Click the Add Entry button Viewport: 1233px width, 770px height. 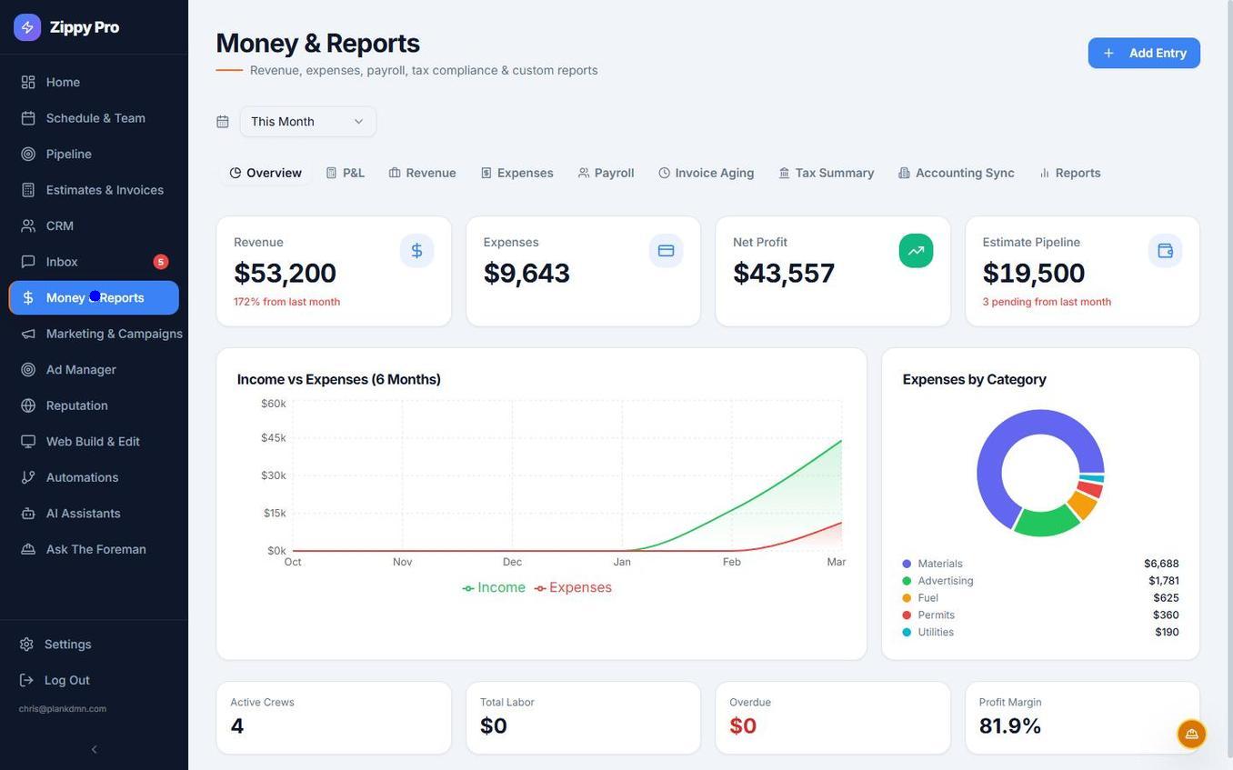click(x=1144, y=53)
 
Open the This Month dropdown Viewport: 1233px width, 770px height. click(x=307, y=122)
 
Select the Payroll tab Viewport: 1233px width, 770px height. click(x=606, y=173)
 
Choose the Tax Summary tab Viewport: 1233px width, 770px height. click(x=826, y=173)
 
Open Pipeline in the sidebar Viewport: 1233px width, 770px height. click(x=68, y=154)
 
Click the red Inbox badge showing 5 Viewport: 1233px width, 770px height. click(x=160, y=262)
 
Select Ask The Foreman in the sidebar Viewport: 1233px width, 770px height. click(x=95, y=549)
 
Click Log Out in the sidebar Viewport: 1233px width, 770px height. click(x=66, y=680)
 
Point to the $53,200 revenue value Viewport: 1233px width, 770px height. click(x=285, y=273)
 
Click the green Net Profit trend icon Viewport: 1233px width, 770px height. click(x=916, y=251)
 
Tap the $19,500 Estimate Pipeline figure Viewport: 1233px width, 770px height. click(x=1034, y=273)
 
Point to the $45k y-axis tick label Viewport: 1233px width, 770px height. click(x=274, y=438)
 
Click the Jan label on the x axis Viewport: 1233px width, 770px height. click(x=622, y=562)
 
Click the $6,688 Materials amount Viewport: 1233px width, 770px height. click(x=1161, y=564)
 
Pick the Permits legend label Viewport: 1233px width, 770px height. click(x=936, y=615)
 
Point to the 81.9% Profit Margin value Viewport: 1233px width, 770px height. click(x=1010, y=725)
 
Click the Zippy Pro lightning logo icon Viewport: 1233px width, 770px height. click(x=27, y=27)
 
